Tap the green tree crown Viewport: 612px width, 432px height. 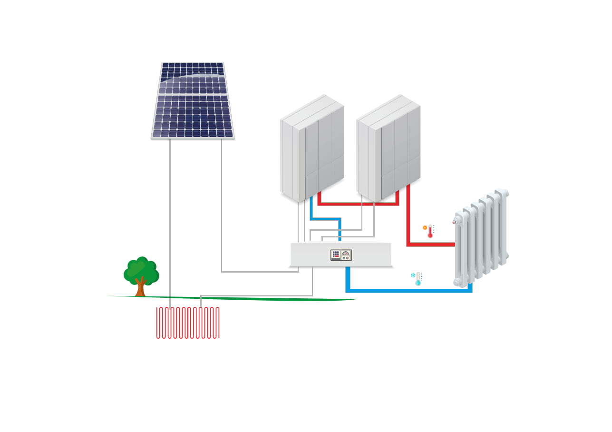pyautogui.click(x=141, y=270)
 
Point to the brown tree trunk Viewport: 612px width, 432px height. pyautogui.click(x=140, y=288)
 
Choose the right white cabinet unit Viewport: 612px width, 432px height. pyautogui.click(x=388, y=147)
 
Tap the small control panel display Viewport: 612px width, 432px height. pyautogui.click(x=341, y=255)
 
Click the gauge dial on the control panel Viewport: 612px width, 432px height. pyautogui.click(x=346, y=253)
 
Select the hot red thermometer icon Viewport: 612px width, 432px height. pyautogui.click(x=430, y=231)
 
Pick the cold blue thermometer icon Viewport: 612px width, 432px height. pyautogui.click(x=418, y=279)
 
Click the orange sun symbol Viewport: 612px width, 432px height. pyautogui.click(x=425, y=227)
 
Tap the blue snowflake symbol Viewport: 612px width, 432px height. pyautogui.click(x=413, y=275)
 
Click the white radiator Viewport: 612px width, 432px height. pyautogui.click(x=481, y=238)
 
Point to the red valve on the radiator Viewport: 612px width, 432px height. pyautogui.click(x=455, y=221)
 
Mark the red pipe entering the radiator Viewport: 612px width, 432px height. pyautogui.click(x=430, y=245)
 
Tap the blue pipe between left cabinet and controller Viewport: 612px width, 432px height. pyautogui.click(x=326, y=219)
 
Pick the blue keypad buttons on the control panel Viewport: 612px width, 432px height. pyautogui.click(x=336, y=253)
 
